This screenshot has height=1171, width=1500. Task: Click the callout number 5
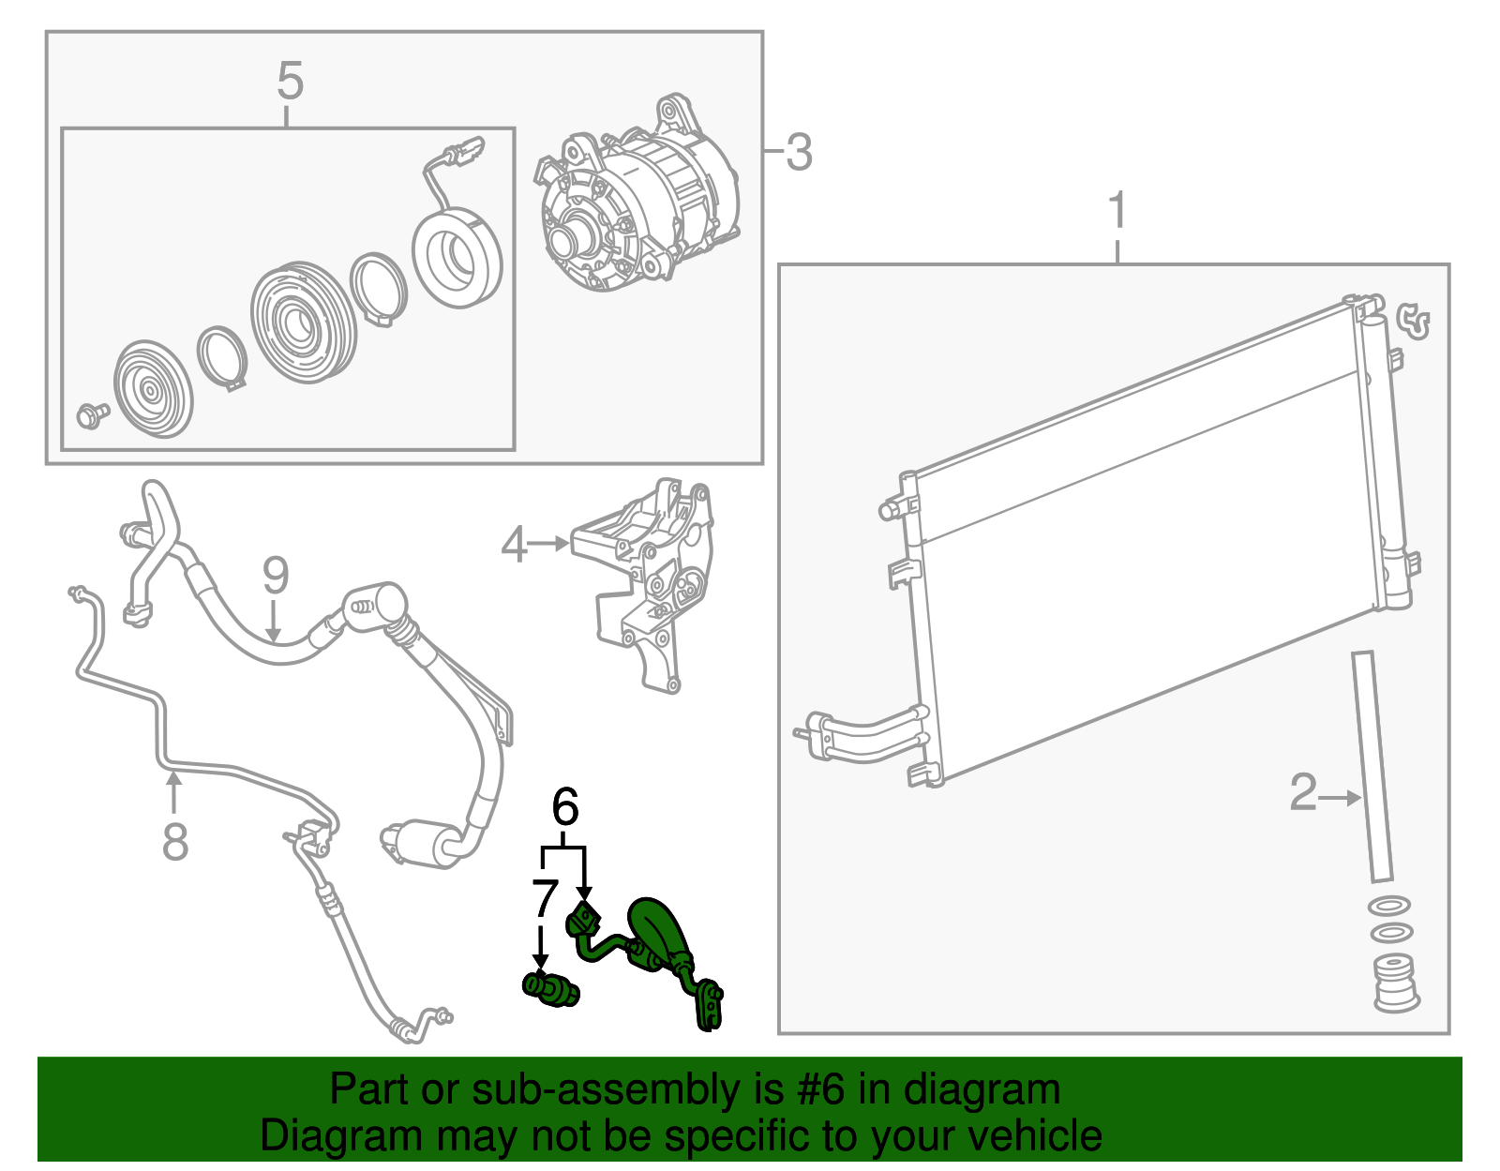(x=290, y=82)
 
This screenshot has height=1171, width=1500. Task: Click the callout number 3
(x=798, y=152)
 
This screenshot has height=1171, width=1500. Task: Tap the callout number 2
(x=1303, y=793)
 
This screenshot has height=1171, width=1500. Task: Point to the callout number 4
(x=514, y=544)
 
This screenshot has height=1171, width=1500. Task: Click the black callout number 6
(x=564, y=806)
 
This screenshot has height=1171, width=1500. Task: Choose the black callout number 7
(x=545, y=898)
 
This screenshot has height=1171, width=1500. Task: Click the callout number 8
(x=175, y=841)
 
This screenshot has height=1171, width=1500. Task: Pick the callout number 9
(x=275, y=575)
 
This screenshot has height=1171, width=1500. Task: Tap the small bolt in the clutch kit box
(x=92, y=414)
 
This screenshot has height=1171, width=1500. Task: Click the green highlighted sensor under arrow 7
(x=550, y=989)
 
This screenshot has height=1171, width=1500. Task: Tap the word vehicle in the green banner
(x=1034, y=1136)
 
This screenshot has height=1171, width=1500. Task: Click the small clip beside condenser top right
(x=1414, y=321)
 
